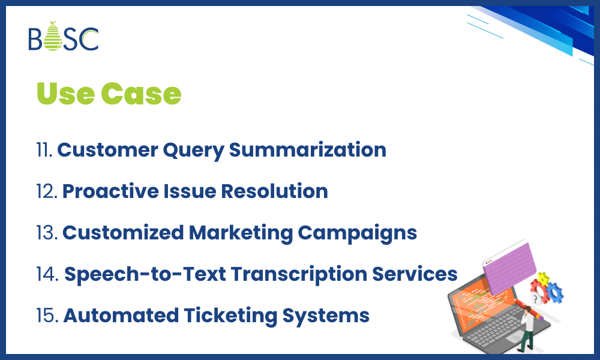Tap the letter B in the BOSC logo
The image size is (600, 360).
click(x=36, y=39)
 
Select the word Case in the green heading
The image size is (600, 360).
click(x=141, y=94)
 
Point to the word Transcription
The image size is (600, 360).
click(x=298, y=274)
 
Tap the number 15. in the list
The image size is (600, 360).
click(x=47, y=315)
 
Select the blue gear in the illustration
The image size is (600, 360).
click(x=554, y=292)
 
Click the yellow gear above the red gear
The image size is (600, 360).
click(x=544, y=278)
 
